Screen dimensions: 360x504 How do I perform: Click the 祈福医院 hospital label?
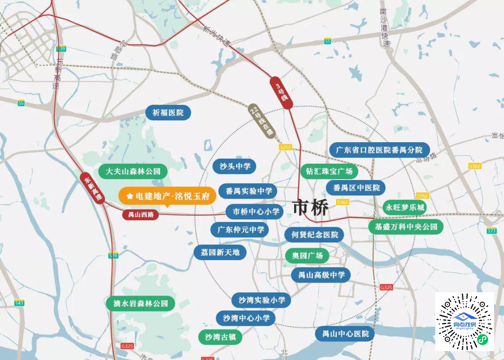pyautogui.click(x=168, y=113)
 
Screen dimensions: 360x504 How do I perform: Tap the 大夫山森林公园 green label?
pyautogui.click(x=133, y=171)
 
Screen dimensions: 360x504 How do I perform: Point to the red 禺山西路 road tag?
pyautogui.click(x=140, y=215)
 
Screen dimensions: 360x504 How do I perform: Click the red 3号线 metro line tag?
pyautogui.click(x=281, y=92)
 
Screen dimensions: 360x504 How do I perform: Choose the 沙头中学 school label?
pyautogui.click(x=235, y=166)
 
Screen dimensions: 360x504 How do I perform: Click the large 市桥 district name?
pyautogui.click(x=310, y=208)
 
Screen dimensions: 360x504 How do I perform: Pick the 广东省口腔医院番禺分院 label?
pyautogui.click(x=379, y=150)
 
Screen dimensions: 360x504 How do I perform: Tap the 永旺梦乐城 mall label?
pyautogui.click(x=405, y=207)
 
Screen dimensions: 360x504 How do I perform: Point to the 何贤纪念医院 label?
pyautogui.click(x=315, y=235)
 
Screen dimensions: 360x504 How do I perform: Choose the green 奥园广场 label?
pyautogui.click(x=307, y=256)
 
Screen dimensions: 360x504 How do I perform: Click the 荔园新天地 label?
pyautogui.click(x=220, y=252)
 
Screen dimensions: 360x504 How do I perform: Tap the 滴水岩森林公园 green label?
pyautogui.click(x=140, y=304)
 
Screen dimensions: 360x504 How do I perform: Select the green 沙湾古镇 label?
pyautogui.click(x=222, y=337)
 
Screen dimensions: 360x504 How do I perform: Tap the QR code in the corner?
pyautogui.click(x=464, y=322)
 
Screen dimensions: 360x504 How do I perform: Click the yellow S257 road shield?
pyautogui.click(x=285, y=147)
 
